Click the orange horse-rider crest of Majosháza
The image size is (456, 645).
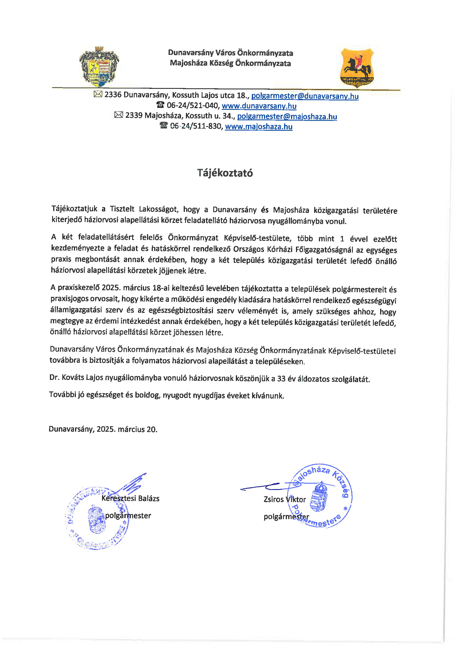357,67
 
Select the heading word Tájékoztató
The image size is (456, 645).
225,173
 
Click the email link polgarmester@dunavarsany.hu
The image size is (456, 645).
305,96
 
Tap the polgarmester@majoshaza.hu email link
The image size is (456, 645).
287,116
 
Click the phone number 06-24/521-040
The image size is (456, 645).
193,106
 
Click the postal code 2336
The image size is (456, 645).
113,95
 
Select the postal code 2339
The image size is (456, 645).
134,116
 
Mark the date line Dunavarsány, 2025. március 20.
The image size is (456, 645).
103,429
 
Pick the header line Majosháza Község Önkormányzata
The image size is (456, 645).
230,63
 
